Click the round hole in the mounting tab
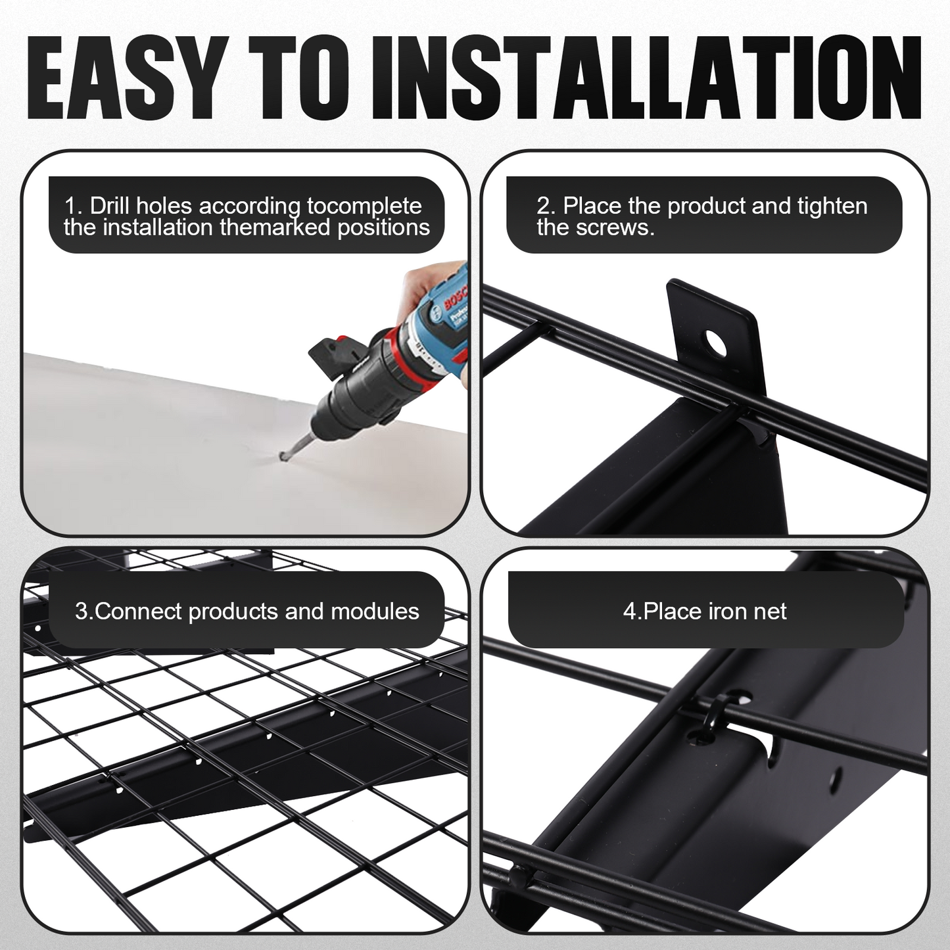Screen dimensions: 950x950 (717, 342)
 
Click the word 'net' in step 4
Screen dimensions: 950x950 (770, 612)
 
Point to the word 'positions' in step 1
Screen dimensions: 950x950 (383, 229)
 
